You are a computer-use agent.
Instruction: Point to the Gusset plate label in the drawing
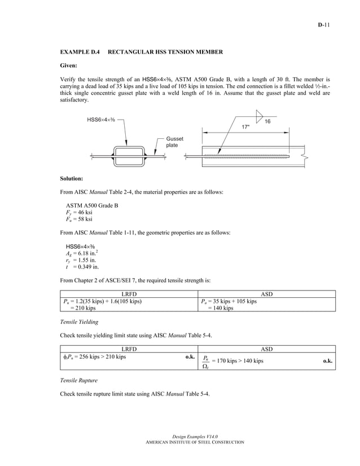click(174, 142)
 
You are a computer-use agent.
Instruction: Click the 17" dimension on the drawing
click(245, 127)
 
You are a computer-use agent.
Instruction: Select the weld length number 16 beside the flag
click(267, 121)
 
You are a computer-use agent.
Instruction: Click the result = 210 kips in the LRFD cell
click(82, 309)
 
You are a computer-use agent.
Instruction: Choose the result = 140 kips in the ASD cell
click(221, 309)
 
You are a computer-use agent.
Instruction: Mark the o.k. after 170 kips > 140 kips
click(327, 361)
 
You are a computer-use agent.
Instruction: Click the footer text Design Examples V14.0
click(194, 437)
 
